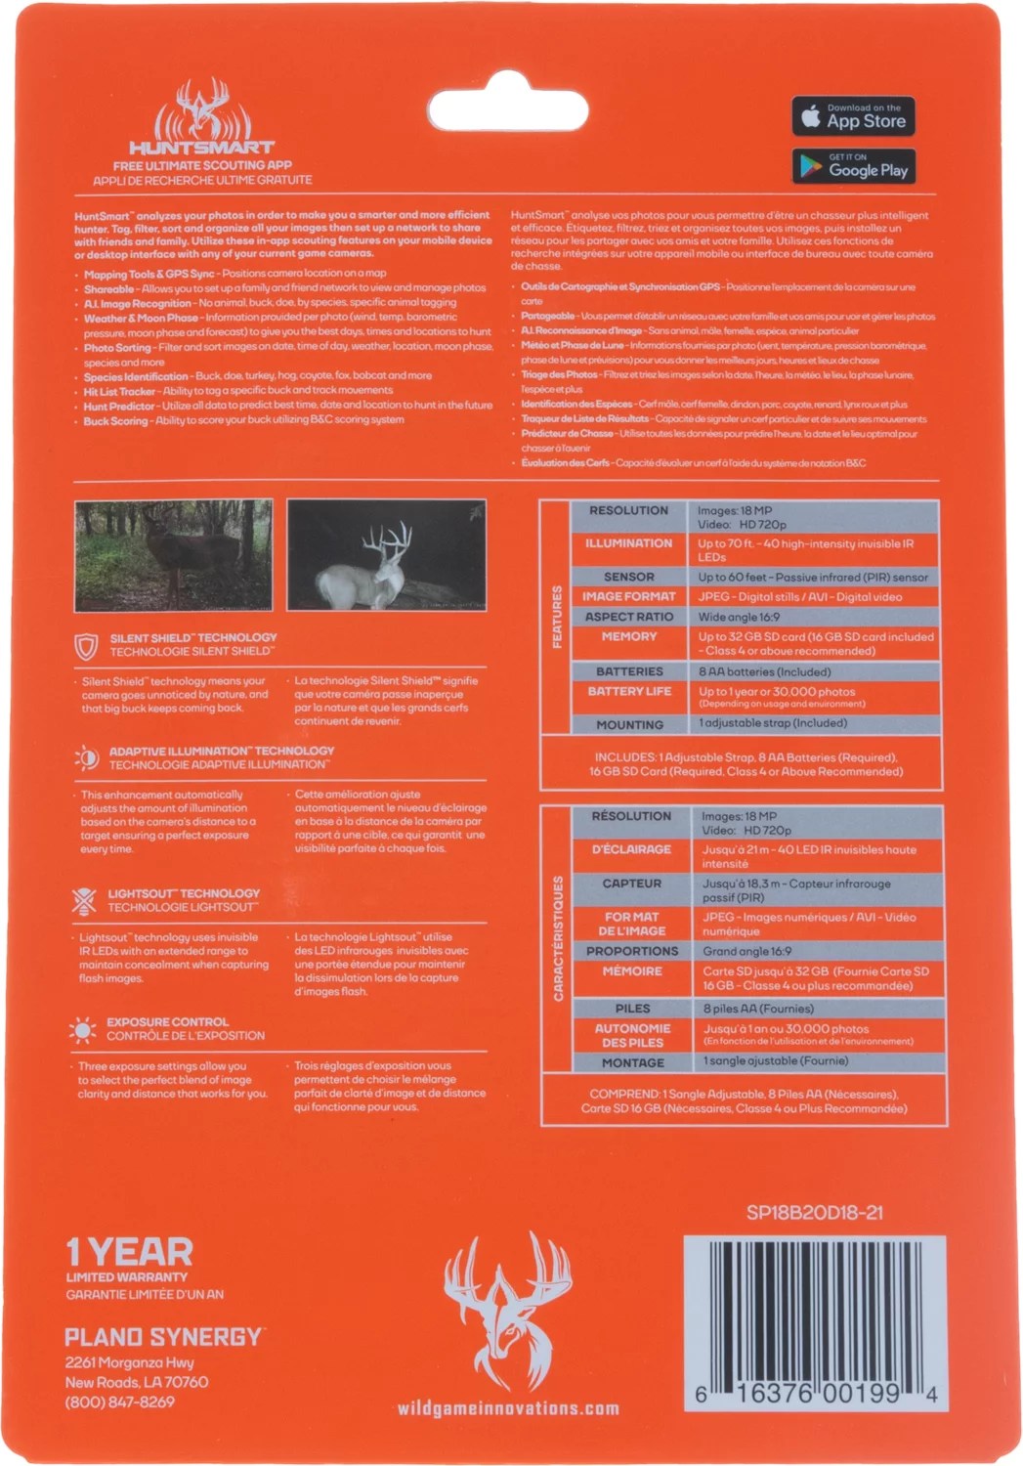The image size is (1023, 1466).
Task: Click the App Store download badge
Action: pos(853,116)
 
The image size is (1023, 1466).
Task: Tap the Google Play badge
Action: pos(853,166)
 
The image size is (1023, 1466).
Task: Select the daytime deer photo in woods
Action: pos(174,555)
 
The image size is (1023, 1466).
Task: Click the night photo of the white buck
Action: pos(386,555)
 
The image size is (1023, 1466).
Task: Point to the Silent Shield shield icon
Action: pos(86,646)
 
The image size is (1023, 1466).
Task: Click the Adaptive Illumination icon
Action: pos(86,757)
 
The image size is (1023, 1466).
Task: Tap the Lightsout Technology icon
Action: pos(85,900)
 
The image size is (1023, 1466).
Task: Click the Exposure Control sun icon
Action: pos(84,1029)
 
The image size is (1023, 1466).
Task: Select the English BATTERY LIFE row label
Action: pos(629,692)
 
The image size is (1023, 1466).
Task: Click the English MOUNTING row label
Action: pos(629,725)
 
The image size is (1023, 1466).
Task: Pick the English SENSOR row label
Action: pos(629,577)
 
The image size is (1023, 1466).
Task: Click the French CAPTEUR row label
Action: pos(632,884)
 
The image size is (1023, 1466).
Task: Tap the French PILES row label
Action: pos(632,1009)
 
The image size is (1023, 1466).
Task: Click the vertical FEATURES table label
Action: pos(557,617)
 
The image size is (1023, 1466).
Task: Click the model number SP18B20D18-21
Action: pos(814,1213)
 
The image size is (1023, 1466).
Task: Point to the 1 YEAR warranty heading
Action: pos(129,1252)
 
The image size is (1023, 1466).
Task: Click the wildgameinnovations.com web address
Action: pos(508,1408)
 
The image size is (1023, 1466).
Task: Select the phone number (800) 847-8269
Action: pos(119,1401)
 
